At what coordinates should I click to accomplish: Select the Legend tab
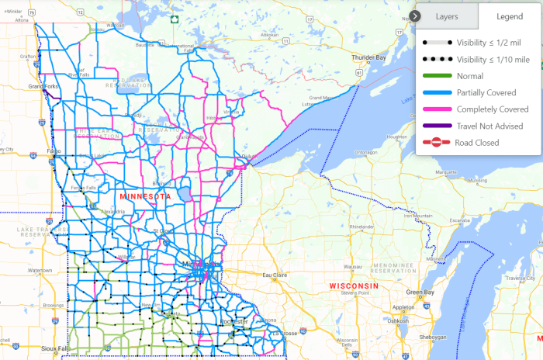(509, 16)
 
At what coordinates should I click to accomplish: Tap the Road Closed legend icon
(436, 143)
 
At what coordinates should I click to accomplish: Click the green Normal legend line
(436, 76)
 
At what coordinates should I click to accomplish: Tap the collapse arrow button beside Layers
(417, 16)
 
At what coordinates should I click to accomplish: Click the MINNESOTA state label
(145, 197)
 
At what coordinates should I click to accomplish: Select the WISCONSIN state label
(353, 286)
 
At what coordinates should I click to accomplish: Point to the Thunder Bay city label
(369, 58)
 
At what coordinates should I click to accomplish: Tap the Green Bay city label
(420, 292)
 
